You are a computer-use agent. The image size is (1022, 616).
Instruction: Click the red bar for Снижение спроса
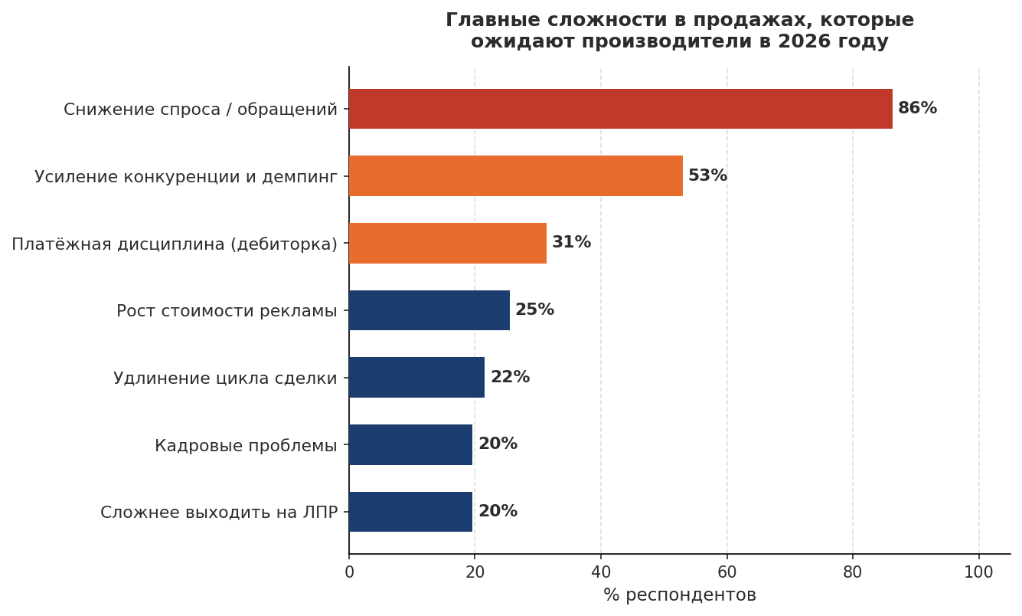(620, 109)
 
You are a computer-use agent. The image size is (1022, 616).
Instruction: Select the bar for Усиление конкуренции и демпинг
(515, 176)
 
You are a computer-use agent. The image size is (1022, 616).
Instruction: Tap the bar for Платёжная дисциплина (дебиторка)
(447, 243)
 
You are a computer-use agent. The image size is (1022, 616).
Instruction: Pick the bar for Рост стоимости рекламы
(429, 310)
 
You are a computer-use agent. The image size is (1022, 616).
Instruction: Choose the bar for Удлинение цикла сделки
(416, 377)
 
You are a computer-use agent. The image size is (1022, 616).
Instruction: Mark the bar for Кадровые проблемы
(410, 444)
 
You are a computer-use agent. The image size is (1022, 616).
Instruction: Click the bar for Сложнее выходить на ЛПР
(410, 512)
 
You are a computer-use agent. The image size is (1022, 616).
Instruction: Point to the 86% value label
(917, 109)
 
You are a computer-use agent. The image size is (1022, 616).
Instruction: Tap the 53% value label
(707, 176)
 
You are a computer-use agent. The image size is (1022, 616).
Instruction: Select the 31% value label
(571, 243)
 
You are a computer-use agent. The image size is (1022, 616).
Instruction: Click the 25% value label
(534, 310)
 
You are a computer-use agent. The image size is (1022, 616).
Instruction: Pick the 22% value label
(510, 377)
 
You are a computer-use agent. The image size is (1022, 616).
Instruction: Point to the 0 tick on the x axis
(349, 572)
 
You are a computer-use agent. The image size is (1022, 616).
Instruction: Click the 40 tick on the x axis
(601, 572)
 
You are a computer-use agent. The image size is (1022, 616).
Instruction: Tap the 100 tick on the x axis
(978, 572)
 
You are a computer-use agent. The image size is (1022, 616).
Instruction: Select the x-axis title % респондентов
(679, 595)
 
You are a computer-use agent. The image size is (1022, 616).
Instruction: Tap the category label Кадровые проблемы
(246, 445)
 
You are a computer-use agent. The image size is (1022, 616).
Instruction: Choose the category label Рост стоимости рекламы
(227, 311)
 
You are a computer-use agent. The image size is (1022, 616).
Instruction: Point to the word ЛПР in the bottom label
(321, 513)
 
